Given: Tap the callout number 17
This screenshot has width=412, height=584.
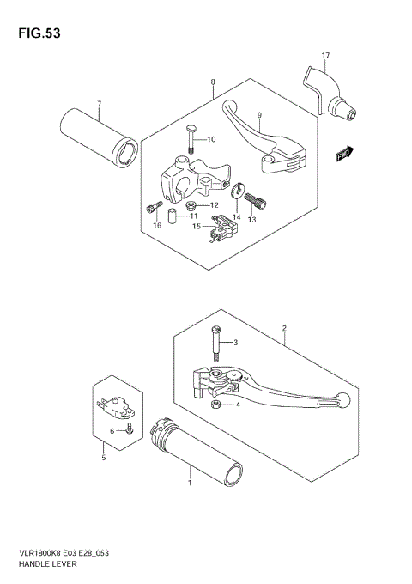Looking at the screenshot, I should point(325,57).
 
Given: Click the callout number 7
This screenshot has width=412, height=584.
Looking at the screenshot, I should point(99,105).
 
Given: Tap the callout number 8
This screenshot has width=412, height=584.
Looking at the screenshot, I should point(213,82).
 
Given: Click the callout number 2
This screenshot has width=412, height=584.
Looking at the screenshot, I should point(283,328).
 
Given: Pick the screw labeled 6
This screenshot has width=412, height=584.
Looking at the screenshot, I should point(127,428).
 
